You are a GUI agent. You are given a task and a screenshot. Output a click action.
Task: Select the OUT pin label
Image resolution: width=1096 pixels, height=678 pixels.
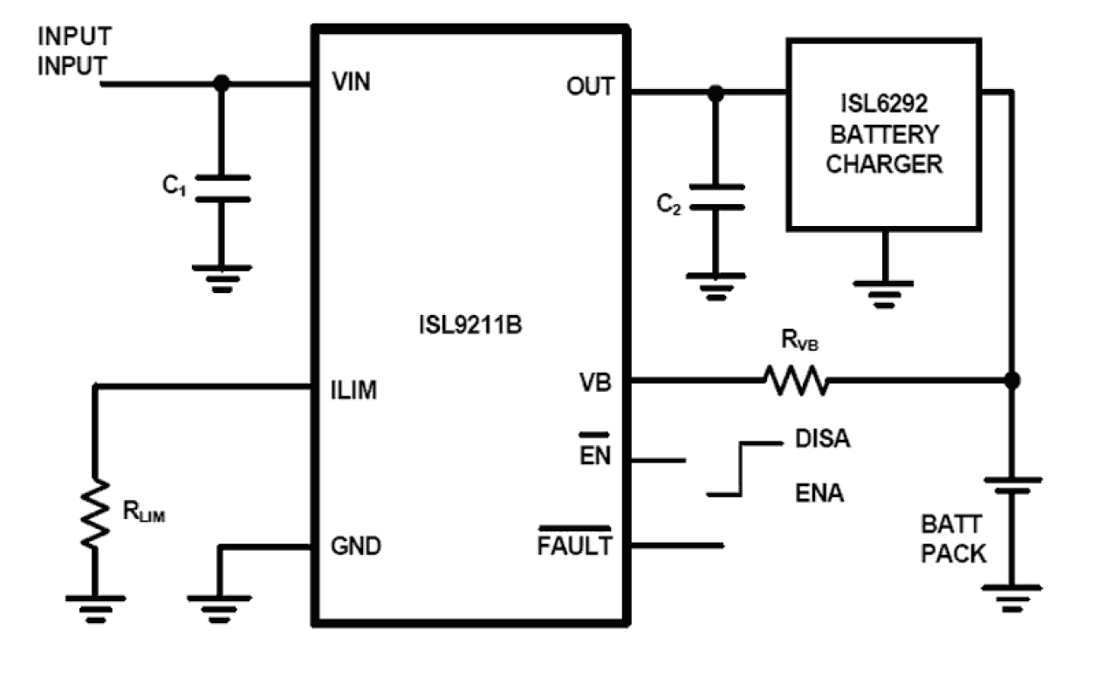(590, 86)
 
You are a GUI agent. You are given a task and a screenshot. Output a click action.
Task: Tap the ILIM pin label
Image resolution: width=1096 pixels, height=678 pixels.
(354, 390)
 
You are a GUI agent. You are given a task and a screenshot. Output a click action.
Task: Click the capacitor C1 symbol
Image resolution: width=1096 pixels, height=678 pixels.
(222, 188)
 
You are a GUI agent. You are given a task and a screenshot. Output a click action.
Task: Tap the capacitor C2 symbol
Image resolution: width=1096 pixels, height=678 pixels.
(716, 197)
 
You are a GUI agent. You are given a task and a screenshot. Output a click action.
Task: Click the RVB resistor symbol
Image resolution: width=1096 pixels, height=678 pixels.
(795, 380)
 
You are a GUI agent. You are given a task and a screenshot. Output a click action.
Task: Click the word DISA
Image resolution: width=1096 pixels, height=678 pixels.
(823, 439)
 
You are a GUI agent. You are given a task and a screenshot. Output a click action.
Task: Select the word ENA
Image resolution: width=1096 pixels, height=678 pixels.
(819, 494)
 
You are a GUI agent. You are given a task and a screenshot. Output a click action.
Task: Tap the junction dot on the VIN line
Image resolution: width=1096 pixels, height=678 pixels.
(222, 84)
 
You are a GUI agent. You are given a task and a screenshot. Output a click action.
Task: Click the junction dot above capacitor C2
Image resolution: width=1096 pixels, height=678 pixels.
(716, 92)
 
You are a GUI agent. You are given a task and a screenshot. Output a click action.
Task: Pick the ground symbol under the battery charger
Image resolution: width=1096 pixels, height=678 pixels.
(883, 288)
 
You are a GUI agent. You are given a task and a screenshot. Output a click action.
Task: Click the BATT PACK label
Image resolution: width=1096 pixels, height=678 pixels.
(953, 538)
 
